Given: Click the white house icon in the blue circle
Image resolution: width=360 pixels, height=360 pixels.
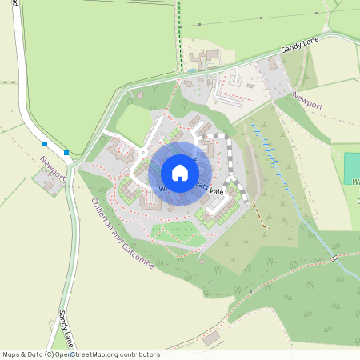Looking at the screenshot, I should click(180, 173).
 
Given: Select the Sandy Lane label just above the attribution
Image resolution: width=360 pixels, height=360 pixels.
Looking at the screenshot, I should click(66, 330).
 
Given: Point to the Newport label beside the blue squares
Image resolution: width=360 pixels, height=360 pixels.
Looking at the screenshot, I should click(52, 167).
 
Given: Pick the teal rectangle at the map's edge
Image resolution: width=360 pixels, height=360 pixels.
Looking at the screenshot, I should click(351, 168).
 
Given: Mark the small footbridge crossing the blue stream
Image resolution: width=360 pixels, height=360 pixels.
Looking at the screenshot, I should click(332, 260).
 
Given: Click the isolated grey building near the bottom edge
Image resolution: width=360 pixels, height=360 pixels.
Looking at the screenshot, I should click(211, 338).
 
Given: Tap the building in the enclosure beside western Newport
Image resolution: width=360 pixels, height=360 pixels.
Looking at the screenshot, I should click(50, 186).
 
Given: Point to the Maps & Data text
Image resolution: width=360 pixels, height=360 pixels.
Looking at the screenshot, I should click(23, 354).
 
